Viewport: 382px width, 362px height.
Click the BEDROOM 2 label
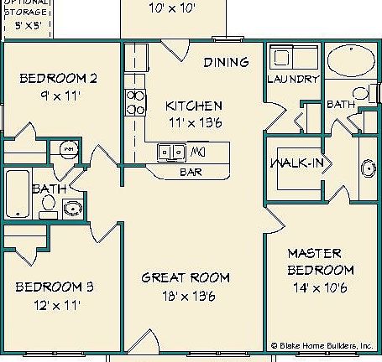[x=58, y=79]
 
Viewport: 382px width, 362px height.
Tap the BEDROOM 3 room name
[x=54, y=287]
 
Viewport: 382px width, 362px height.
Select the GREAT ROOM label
[x=185, y=277]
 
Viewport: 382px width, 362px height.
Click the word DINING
[x=227, y=62]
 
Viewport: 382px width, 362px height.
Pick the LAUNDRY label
[x=293, y=80]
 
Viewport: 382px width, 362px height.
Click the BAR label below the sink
[x=191, y=172]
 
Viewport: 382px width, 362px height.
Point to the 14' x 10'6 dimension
[x=320, y=288]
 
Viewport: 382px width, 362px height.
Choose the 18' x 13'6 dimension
[x=185, y=295]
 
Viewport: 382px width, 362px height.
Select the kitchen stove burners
[x=135, y=101]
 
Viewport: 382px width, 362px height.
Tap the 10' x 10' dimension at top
[x=171, y=9]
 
